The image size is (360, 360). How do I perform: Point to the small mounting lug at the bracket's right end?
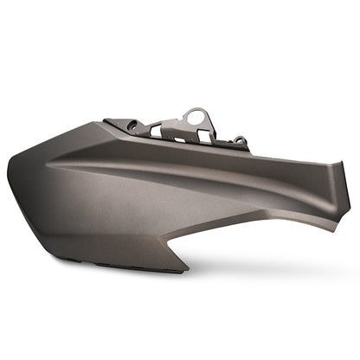pos(240,141)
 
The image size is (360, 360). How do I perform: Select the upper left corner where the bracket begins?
pos(106,122)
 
